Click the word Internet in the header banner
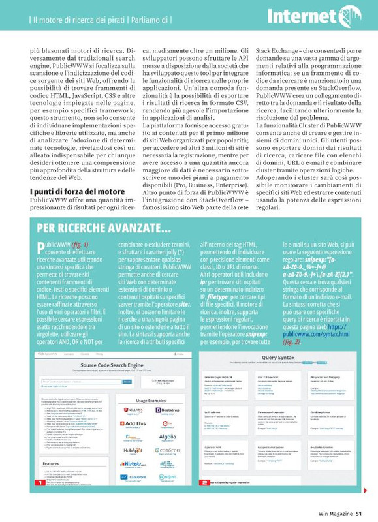(x=301, y=16)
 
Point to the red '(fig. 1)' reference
(x=78, y=245)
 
